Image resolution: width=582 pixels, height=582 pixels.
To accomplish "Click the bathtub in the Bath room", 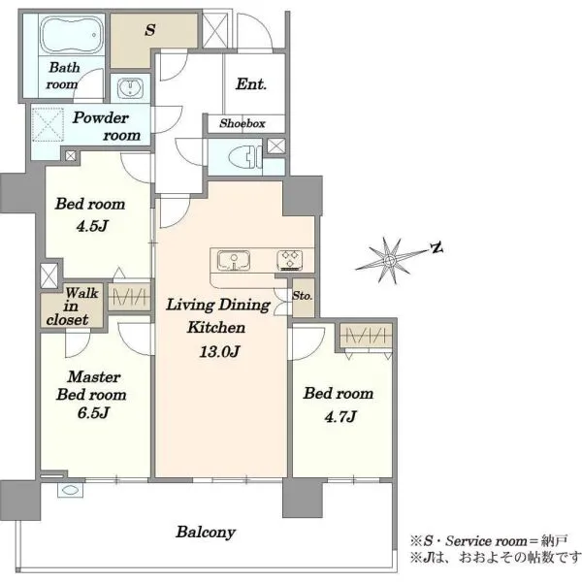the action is point(72,35).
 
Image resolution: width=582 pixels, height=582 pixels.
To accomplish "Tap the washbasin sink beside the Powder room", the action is point(130,88).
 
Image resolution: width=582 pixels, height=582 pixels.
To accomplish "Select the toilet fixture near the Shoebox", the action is point(245,157).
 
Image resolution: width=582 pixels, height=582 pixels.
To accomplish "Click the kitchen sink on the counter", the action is point(234,260).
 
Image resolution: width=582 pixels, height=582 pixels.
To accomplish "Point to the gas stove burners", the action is point(290,260).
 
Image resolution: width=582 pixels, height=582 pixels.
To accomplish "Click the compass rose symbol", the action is point(389,260).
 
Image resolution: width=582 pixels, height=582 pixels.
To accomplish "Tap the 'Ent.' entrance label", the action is point(251,83).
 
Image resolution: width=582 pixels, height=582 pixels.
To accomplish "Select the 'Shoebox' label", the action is point(242,123).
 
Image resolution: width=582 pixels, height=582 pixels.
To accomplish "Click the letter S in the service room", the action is point(150,30).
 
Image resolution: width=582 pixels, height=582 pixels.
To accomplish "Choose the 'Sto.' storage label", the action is point(302,296).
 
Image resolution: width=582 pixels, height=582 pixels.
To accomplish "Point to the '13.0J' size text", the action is point(219,351).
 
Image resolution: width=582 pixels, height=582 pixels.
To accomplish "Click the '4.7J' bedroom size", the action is point(340,417).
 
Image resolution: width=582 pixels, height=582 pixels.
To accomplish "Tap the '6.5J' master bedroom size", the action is point(93,413).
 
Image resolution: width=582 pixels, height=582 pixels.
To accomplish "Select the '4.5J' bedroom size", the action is point(92,226).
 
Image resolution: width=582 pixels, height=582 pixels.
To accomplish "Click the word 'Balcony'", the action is point(206,533).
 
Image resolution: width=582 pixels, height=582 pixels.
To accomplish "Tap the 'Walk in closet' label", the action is point(72,307).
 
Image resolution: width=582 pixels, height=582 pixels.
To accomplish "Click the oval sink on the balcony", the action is point(70,490).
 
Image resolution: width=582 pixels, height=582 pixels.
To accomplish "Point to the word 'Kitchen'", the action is point(216,328).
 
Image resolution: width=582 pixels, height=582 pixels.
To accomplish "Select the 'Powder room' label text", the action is point(107,126).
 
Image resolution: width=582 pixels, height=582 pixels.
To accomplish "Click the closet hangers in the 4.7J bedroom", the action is point(366,337).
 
